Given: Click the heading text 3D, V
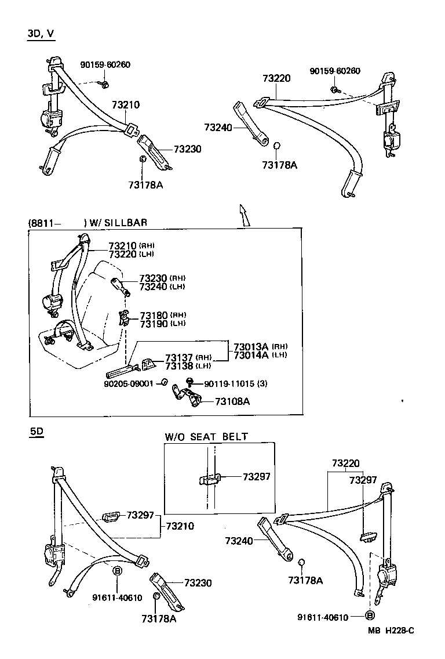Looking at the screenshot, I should pos(41,34).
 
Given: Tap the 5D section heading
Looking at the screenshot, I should pos(36,432).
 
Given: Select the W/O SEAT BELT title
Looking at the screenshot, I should pos(206,437).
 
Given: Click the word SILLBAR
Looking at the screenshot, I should pos(126,222).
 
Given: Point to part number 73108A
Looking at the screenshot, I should pos(232,401).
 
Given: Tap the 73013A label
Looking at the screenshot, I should pos(251,347).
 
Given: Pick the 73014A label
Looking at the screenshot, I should pos(251,355).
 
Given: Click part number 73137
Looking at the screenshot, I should pos(179,357).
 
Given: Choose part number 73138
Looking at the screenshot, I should pos(179,365).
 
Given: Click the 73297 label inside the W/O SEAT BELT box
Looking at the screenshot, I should pos(256,477).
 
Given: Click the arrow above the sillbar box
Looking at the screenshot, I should pos(244,215).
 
